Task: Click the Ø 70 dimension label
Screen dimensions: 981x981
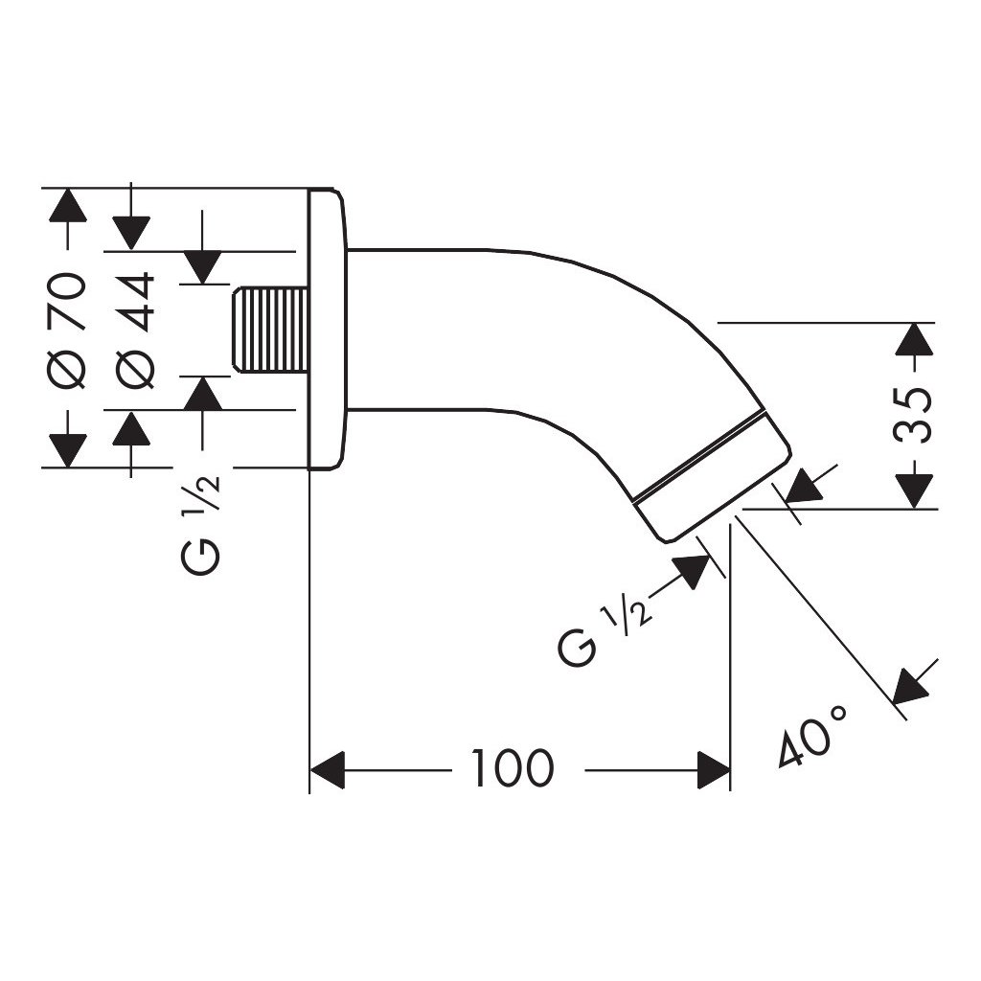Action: (x=66, y=331)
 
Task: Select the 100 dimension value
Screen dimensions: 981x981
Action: (x=513, y=767)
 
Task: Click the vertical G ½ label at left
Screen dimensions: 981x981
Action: (x=201, y=526)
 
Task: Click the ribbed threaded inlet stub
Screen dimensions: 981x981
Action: (x=271, y=331)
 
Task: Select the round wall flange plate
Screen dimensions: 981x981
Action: (x=328, y=329)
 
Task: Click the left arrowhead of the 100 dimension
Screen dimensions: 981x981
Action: (x=328, y=770)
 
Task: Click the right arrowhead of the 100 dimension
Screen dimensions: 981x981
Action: (x=713, y=770)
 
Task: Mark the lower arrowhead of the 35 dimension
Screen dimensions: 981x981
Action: (x=914, y=491)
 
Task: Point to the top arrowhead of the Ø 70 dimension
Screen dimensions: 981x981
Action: (x=68, y=204)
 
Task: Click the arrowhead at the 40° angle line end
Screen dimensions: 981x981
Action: (x=912, y=684)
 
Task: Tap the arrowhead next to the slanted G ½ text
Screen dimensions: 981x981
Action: (x=691, y=570)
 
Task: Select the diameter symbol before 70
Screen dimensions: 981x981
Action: (x=66, y=371)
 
